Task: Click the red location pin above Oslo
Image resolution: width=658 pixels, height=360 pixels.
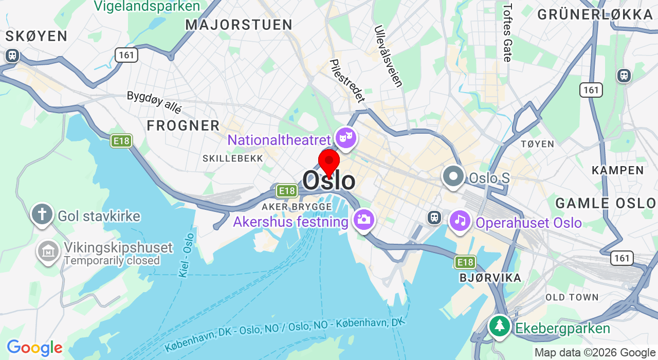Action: coord(329,162)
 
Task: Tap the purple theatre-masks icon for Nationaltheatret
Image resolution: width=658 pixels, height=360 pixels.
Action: coord(346,137)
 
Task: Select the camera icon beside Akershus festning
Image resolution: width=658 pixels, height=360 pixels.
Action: coord(363,220)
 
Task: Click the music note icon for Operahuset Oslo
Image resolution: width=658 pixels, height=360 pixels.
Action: coord(460,221)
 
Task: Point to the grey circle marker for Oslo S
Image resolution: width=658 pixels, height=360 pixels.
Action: coord(453,176)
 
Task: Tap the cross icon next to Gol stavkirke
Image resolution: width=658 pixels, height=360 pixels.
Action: coord(42,213)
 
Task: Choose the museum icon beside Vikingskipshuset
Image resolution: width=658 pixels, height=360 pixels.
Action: coord(48,251)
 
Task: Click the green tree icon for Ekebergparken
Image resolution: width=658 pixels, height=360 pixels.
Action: coord(499,326)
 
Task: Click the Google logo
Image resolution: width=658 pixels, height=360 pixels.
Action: coord(34,348)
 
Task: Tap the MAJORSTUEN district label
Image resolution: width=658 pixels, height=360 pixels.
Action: coord(239,25)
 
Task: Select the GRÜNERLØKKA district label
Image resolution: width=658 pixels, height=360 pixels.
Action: coord(595,15)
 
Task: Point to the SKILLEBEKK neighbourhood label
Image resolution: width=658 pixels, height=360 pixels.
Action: coord(233,158)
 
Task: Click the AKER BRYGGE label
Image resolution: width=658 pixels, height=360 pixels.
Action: coord(297,207)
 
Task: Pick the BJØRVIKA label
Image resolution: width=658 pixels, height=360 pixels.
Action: coord(490,278)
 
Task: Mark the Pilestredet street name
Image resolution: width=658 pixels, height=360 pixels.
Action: coord(347,81)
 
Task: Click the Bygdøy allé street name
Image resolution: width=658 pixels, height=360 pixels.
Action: coord(154,102)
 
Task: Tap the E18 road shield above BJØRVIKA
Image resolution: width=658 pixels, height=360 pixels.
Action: coord(465,263)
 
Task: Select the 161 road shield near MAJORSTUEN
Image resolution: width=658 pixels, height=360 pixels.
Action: coord(126,55)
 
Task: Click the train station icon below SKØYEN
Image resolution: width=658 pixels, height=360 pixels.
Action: coord(12,55)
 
